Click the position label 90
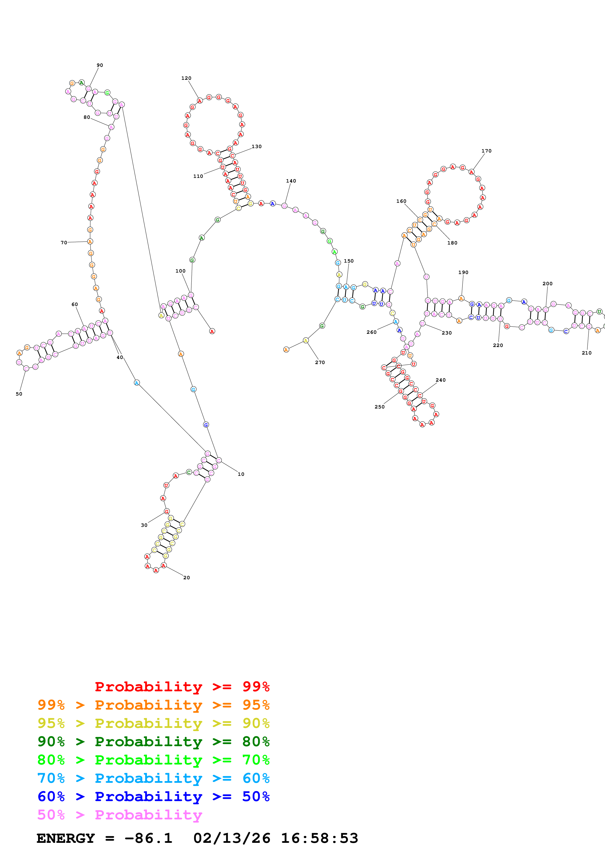(100, 65)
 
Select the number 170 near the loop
(486, 151)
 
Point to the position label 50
(19, 394)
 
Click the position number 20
(186, 578)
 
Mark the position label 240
(440, 380)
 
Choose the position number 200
(547, 284)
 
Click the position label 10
(241, 474)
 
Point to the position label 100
(180, 271)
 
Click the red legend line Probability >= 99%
(182, 686)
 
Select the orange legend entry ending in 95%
(153, 705)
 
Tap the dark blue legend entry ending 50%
(153, 796)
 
